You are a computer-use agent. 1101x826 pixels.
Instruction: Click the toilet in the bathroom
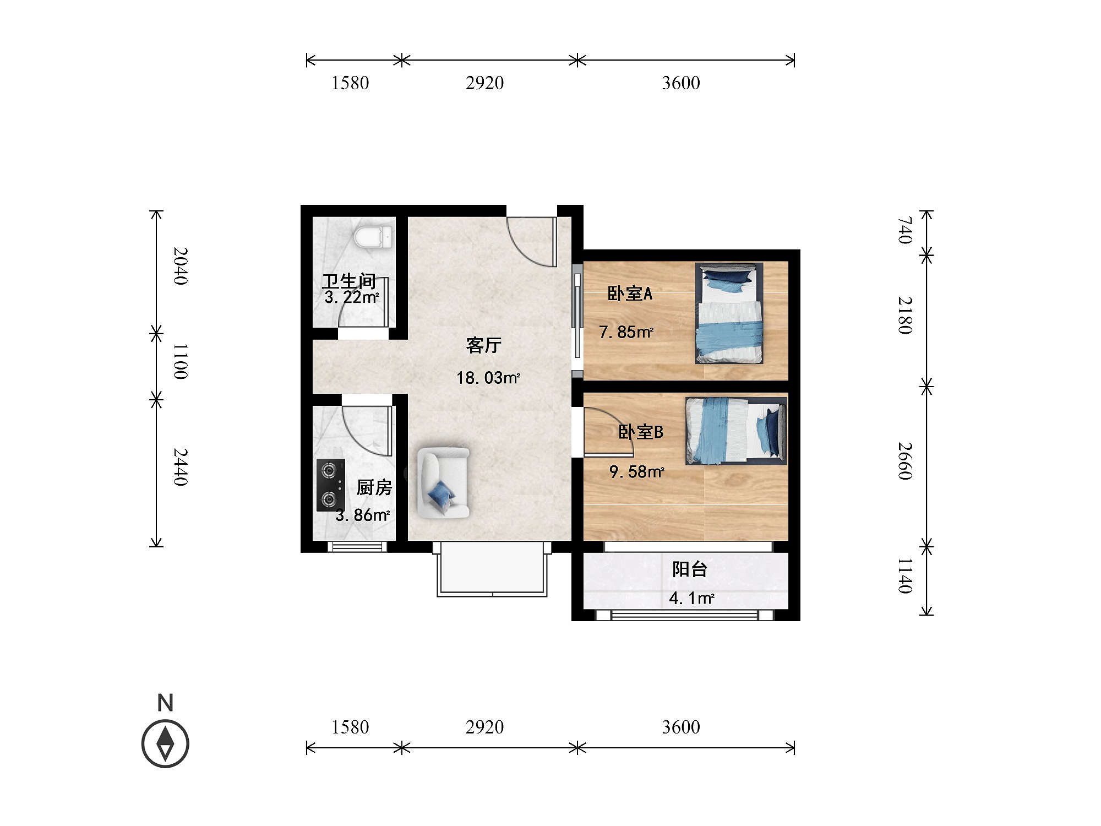374,237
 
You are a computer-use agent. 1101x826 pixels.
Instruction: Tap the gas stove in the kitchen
330,485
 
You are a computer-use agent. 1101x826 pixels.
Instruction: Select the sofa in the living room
443,483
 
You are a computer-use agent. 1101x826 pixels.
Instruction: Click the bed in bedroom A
729,313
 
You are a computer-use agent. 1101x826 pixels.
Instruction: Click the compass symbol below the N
165,743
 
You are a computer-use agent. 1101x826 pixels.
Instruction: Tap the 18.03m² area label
488,378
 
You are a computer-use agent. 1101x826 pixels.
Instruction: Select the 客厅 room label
484,345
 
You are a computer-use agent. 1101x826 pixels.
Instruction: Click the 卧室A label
630,293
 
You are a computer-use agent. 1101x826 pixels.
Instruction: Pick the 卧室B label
641,432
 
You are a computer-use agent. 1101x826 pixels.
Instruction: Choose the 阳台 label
689,569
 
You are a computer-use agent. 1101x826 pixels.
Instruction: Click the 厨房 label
374,487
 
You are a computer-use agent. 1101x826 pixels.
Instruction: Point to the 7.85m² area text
626,332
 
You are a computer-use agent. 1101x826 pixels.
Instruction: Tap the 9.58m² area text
637,472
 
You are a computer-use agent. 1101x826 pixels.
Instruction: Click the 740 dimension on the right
906,230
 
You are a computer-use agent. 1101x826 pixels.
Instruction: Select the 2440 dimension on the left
181,467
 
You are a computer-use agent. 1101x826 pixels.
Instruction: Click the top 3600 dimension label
681,83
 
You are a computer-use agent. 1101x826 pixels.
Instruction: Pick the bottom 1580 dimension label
350,727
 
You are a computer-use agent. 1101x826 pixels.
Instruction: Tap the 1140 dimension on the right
906,575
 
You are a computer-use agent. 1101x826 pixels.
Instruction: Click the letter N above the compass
165,703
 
